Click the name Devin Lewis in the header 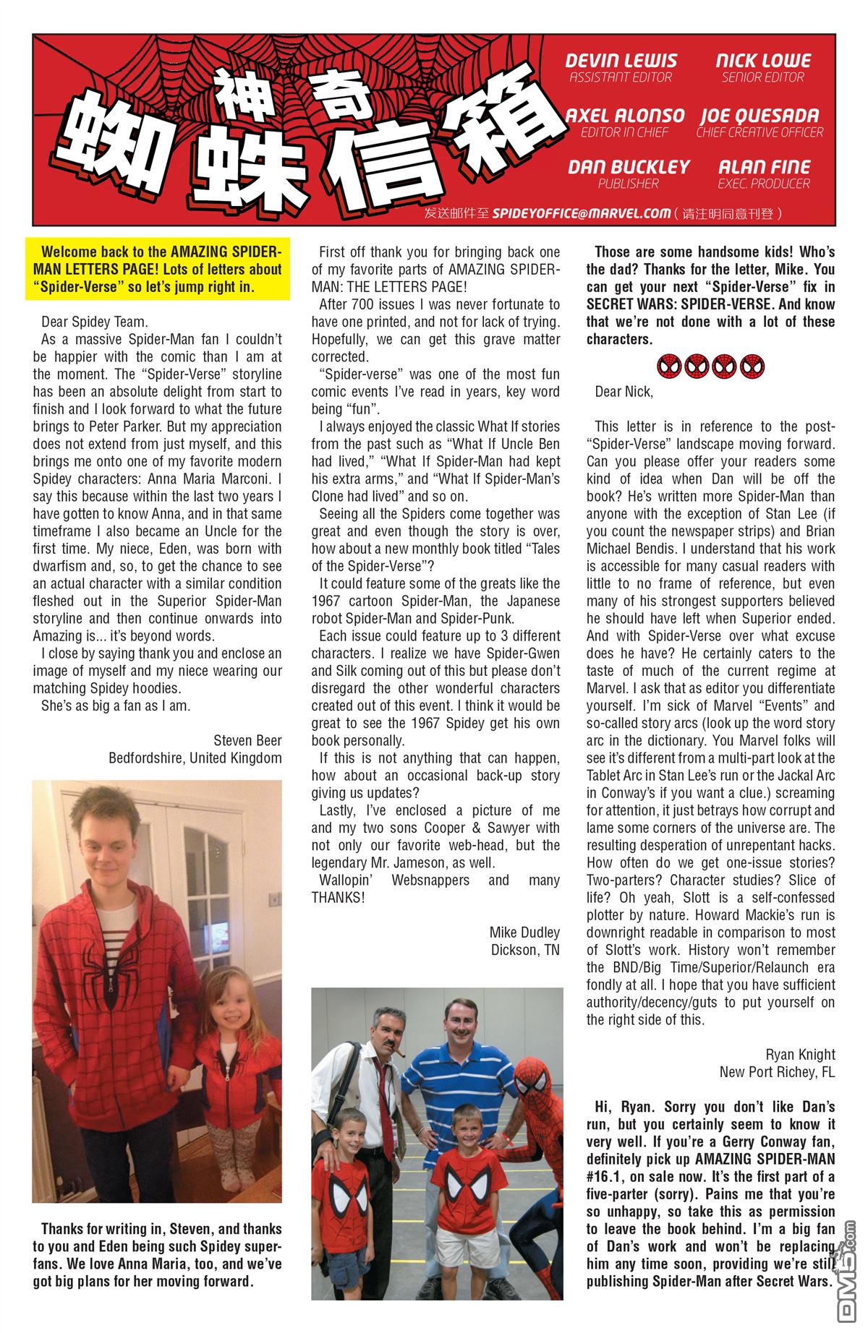(621, 61)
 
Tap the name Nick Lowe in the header (763, 61)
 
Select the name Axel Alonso (625, 116)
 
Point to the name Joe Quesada (759, 116)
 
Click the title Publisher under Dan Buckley (628, 184)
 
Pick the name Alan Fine (764, 167)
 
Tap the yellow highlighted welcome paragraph (158, 269)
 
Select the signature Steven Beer (247, 740)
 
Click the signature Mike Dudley (524, 932)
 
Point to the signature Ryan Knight (800, 1054)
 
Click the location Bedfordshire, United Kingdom (195, 758)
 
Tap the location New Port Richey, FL (777, 1071)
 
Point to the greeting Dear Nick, (624, 392)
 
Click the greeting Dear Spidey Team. (95, 322)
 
